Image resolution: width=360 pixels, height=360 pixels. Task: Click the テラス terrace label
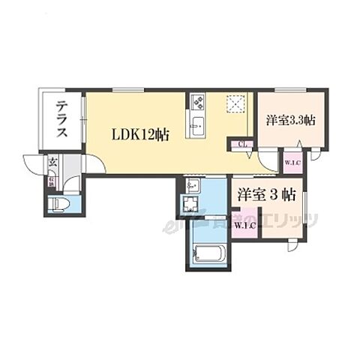tap(62, 120)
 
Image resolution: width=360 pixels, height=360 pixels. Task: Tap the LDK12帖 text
tap(140, 135)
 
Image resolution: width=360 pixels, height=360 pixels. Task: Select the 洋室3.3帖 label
tap(289, 120)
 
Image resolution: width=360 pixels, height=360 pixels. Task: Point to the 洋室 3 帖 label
tap(266, 193)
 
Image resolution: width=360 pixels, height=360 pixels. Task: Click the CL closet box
tap(243, 145)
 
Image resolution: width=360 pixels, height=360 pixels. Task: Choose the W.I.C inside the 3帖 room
tap(244, 224)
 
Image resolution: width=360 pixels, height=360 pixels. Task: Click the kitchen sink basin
tap(199, 124)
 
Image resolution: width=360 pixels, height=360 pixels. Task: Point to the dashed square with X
tap(237, 103)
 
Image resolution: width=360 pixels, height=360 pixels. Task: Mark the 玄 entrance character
tap(53, 162)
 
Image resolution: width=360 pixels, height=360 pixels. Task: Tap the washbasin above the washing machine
tap(191, 185)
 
